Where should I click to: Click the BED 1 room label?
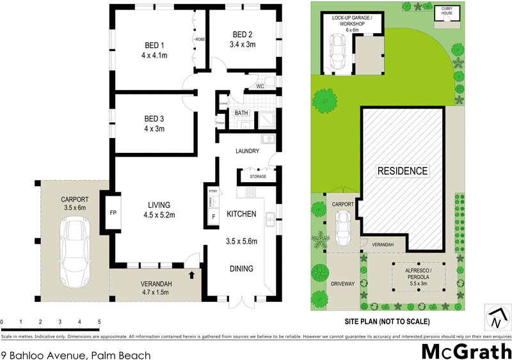point(153,45)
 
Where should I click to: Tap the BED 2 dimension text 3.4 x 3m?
point(243,45)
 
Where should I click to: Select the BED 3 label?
point(154,119)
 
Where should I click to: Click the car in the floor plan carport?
point(76,252)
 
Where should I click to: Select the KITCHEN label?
point(242,214)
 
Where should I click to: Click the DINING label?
point(241,269)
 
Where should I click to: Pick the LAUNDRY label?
point(246,152)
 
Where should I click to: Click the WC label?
point(260,86)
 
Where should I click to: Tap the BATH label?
point(241,114)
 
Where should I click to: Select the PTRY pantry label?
point(213,191)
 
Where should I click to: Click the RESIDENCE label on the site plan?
point(401,171)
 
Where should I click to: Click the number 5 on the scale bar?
point(99,321)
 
